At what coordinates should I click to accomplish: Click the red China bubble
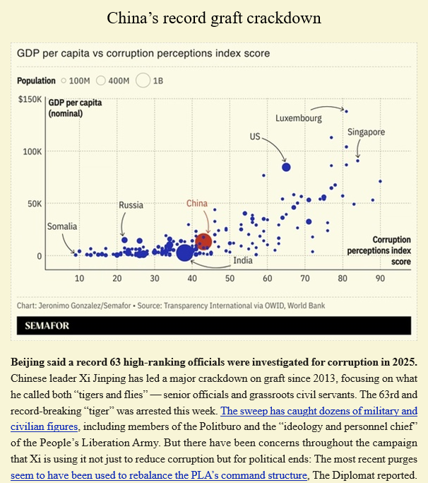[203, 241]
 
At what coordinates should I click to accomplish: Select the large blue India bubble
[185, 252]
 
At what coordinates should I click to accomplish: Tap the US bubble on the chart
[286, 167]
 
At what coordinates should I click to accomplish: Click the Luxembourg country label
[298, 118]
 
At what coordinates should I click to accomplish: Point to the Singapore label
[366, 132]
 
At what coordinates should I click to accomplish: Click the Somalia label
[62, 227]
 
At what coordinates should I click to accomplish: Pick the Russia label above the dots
[131, 205]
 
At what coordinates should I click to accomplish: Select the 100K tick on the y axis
[32, 152]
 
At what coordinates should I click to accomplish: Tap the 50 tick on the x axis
[230, 279]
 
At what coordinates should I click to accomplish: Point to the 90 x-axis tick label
[380, 279]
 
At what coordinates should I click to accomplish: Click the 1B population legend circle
[143, 81]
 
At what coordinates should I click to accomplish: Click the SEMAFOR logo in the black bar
[48, 326]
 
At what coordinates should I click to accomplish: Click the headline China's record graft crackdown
[214, 18]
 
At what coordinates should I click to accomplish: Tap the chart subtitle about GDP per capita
[143, 53]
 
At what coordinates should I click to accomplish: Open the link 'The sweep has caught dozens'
[319, 411]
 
